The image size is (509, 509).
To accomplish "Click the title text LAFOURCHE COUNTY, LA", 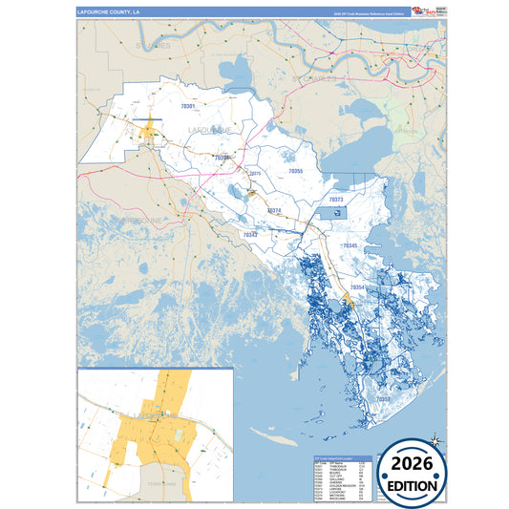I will click(108, 12).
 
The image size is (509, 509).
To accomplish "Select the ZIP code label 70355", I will click(295, 171).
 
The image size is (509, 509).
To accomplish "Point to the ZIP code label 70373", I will click(335, 200).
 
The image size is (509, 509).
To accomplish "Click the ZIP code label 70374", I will click(273, 210).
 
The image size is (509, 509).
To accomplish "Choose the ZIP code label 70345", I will click(350, 245).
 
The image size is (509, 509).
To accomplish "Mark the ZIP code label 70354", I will click(357, 286).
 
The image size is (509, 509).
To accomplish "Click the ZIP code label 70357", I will click(383, 399).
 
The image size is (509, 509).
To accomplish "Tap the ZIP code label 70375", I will click(254, 174).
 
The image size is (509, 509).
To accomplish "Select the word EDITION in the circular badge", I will click(412, 485).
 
